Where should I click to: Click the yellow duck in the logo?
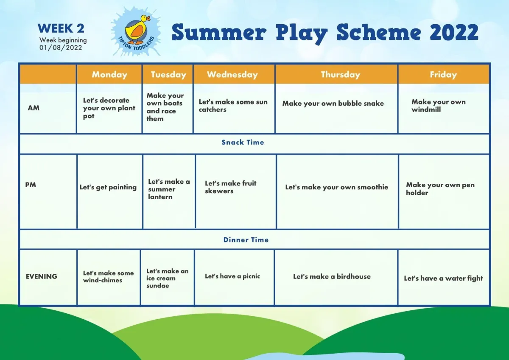137,30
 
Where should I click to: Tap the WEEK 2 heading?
61,28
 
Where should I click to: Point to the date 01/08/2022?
61,48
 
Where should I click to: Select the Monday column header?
109,75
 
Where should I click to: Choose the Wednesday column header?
232,75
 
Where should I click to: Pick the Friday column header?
443,75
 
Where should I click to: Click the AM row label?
34,108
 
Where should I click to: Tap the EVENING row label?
42,276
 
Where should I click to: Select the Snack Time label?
243,142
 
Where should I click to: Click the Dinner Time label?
246,240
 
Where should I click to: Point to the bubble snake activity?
333,104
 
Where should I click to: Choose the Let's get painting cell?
108,187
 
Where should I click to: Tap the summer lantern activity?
169,189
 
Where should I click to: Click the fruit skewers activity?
230,187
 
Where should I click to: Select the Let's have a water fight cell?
443,278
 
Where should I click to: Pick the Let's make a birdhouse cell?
332,276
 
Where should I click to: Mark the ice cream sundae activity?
168,278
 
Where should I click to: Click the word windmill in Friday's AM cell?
426,110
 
